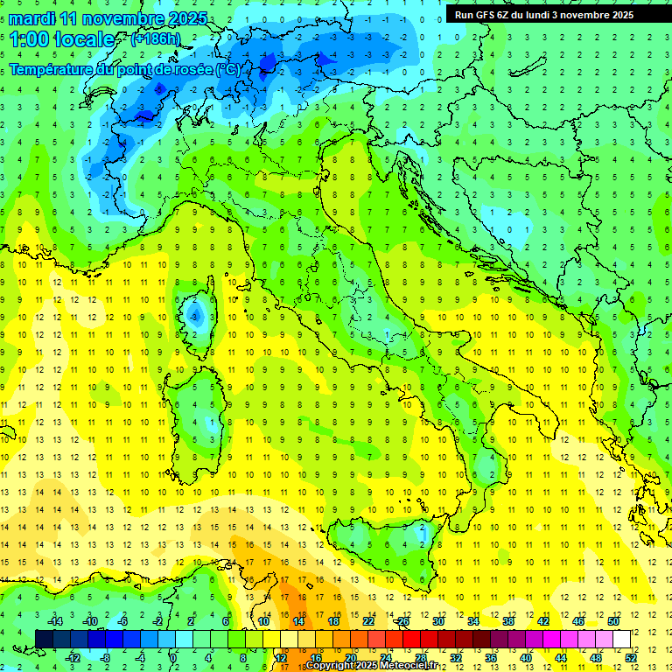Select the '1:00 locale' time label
point(61,39)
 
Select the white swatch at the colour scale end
point(621,639)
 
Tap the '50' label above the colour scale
point(613,621)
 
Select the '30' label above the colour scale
point(438,621)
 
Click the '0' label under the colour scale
point(174,658)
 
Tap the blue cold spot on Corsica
point(195,313)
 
